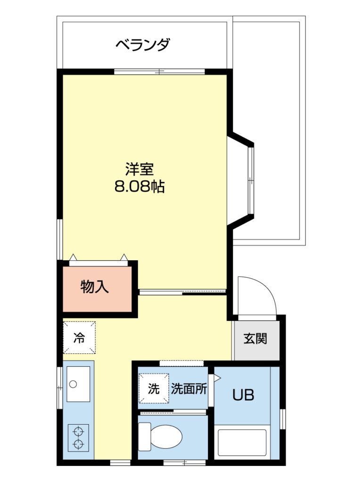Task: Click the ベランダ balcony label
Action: coord(142,45)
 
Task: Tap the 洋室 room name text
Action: coord(139,169)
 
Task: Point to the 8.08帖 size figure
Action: coord(140,186)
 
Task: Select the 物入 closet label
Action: coord(94,287)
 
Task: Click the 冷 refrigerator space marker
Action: coord(79,337)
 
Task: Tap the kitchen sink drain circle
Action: coord(73,384)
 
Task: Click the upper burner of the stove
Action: coord(79,432)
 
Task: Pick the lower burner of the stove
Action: coord(79,443)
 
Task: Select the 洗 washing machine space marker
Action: coord(154,388)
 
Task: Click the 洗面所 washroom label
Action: coord(189,389)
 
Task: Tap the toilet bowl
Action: coord(166,436)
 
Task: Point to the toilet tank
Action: coord(144,436)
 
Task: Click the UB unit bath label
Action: coord(243,395)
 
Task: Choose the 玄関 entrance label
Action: coord(255,338)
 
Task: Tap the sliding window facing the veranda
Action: coord(159,72)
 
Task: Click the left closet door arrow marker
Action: coord(73,257)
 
